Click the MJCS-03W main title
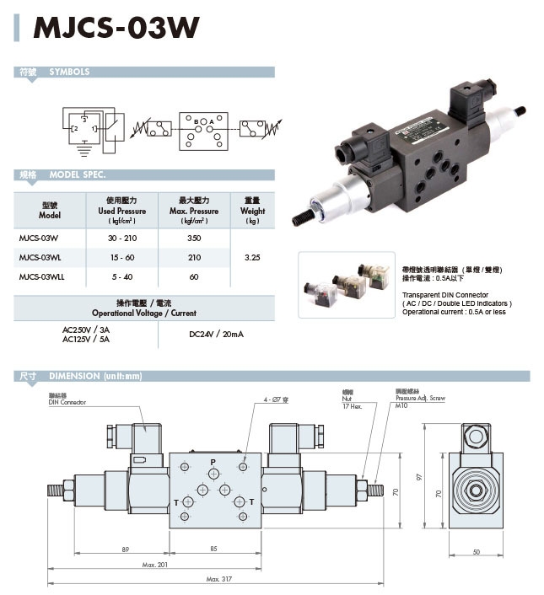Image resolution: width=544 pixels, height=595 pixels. (116, 28)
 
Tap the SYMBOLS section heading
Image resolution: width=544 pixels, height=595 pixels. (69, 72)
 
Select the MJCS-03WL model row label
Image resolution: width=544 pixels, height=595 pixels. (40, 257)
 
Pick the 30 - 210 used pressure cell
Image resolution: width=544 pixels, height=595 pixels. (122, 239)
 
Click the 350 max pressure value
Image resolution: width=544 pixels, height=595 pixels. (194, 239)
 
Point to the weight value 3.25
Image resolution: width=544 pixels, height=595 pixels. (252, 257)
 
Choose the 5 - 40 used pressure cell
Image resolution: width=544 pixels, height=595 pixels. (122, 276)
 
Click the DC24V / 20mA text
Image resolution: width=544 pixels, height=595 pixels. (217, 334)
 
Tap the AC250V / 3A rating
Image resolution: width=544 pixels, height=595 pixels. (87, 330)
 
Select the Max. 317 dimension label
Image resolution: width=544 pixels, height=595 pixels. (218, 580)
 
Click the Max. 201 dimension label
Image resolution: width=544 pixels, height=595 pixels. (156, 564)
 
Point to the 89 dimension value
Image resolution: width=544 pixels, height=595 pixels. (126, 549)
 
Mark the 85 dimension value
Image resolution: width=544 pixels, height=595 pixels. (213, 549)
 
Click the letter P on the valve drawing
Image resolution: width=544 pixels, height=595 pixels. (213, 462)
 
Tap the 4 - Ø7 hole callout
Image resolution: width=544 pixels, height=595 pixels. (276, 399)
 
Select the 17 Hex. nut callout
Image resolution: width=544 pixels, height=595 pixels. (353, 406)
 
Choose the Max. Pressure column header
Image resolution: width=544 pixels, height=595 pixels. (194, 211)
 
